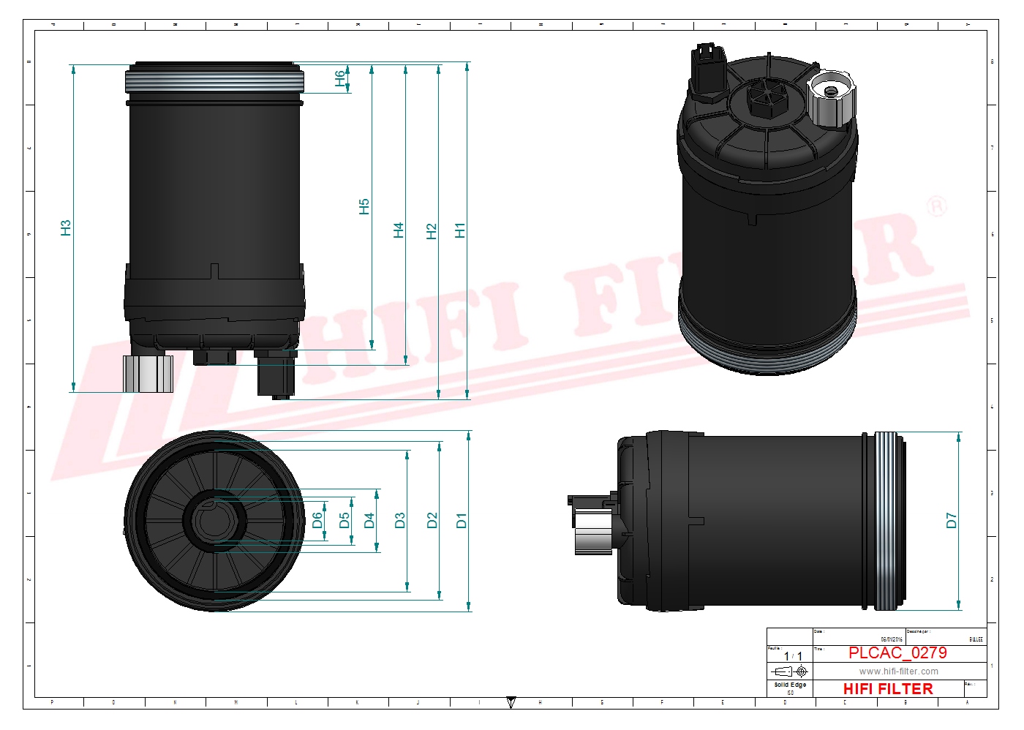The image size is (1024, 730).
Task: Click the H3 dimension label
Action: (66, 227)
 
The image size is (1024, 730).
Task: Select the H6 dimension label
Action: (340, 78)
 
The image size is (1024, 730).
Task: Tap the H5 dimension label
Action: (364, 206)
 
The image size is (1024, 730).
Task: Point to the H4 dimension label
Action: (399, 230)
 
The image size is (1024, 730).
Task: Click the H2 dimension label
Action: (432, 231)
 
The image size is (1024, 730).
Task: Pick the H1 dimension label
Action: (460, 230)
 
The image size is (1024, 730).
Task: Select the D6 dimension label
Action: (317, 520)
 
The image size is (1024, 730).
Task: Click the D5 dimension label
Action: (345, 520)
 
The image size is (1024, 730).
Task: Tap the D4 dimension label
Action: (369, 520)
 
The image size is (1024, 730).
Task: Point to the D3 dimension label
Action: (400, 520)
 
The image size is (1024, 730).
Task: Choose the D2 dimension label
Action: (432, 520)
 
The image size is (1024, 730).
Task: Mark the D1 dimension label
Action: (462, 521)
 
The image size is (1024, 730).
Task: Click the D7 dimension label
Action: (951, 520)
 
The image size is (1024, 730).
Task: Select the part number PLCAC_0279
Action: (897, 652)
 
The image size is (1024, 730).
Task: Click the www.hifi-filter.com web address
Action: (898, 671)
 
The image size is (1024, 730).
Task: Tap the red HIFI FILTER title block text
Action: (888, 689)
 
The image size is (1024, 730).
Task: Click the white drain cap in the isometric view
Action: (831, 98)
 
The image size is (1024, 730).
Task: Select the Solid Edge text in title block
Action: (790, 685)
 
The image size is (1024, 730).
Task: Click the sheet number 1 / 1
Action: (793, 656)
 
